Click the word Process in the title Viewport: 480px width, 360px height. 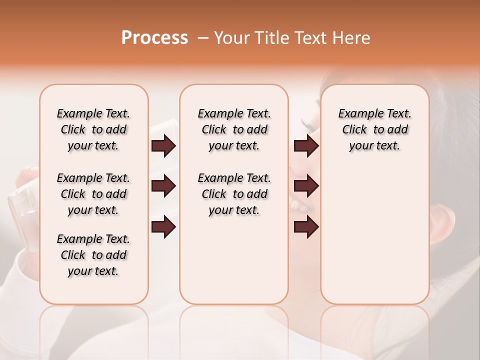(x=154, y=38)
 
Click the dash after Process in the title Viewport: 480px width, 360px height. (x=203, y=38)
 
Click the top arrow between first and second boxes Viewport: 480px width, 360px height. (x=163, y=146)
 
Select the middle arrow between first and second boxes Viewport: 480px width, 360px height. (x=163, y=186)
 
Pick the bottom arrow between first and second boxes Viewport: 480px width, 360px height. (x=163, y=227)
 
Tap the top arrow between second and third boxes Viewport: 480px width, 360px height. (x=306, y=146)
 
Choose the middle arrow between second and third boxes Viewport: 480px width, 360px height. (x=306, y=186)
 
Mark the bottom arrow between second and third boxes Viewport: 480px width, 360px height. (x=306, y=227)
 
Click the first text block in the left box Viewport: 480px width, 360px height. (x=93, y=129)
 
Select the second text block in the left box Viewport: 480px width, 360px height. (x=93, y=194)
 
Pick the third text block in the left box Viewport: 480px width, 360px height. (x=93, y=255)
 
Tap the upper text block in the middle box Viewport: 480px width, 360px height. (x=234, y=129)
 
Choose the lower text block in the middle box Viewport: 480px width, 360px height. (x=234, y=194)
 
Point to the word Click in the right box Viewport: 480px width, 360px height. (x=354, y=130)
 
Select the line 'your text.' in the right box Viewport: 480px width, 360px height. (x=374, y=146)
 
